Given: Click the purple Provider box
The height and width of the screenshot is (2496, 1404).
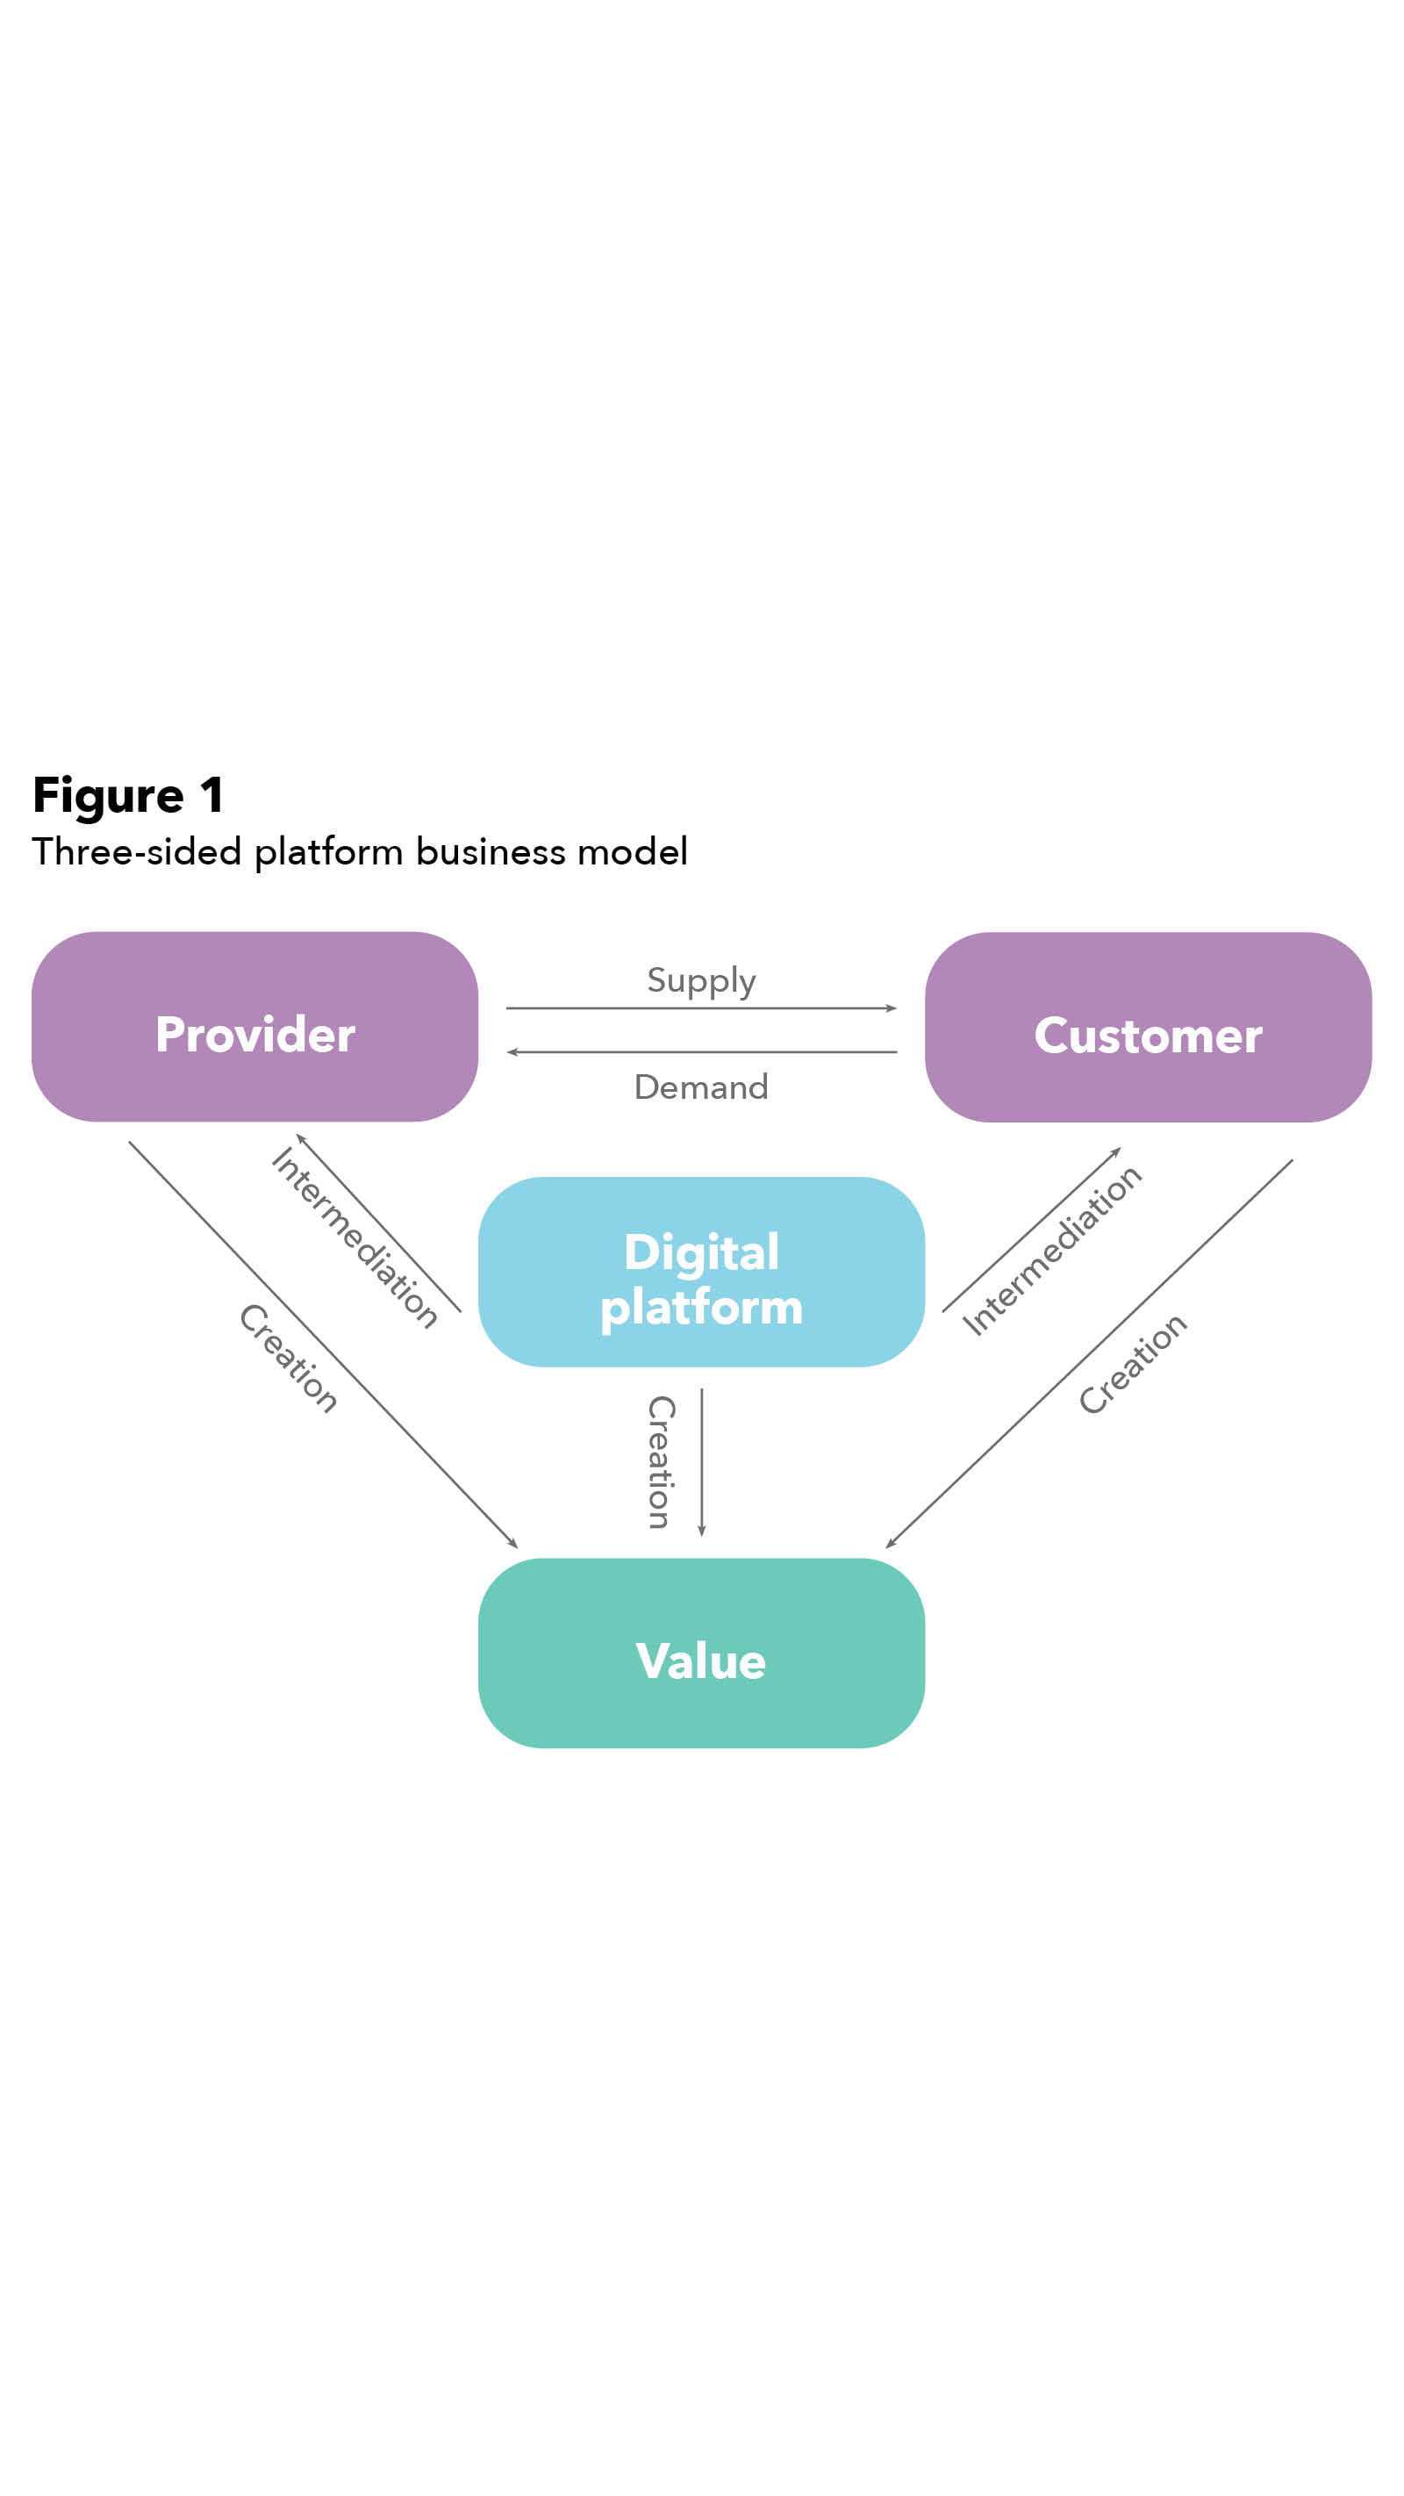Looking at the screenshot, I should pyautogui.click(x=254, y=1027).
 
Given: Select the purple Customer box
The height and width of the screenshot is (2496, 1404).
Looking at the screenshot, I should pyautogui.click(x=1147, y=1027).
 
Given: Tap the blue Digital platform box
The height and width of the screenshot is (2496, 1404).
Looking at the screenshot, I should pyautogui.click(x=700, y=1271).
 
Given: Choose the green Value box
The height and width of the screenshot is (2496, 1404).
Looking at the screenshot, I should pyautogui.click(x=700, y=1653).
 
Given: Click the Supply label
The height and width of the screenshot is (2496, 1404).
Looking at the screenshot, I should pyautogui.click(x=700, y=979).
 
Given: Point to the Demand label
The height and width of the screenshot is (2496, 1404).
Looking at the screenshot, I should pyautogui.click(x=700, y=1087).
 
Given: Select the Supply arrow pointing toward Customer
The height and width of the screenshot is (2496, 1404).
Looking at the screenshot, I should pyautogui.click(x=700, y=1008).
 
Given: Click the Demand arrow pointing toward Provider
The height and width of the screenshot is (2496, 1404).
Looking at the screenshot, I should pyautogui.click(x=700, y=1052).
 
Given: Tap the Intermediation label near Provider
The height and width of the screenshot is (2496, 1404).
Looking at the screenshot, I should pyautogui.click(x=355, y=1237).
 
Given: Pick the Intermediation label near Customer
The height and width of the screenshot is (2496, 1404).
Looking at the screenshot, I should pyautogui.click(x=1051, y=1250).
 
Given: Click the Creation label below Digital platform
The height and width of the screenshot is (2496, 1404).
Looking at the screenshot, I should pyautogui.click(x=661, y=1462).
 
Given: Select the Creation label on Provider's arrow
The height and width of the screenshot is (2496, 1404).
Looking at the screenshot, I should pyautogui.click(x=289, y=1359).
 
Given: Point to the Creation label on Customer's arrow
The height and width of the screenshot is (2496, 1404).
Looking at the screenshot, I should pyautogui.click(x=1132, y=1363).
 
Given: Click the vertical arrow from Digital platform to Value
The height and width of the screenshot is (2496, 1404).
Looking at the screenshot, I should pyautogui.click(x=701, y=1462).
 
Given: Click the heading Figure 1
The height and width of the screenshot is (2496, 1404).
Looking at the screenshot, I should pyautogui.click(x=128, y=795).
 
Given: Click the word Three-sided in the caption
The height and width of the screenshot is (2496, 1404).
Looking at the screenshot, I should pyautogui.click(x=136, y=851).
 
